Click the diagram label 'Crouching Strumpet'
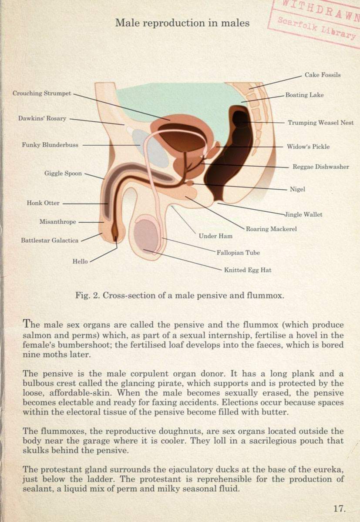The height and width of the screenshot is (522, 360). (x=42, y=94)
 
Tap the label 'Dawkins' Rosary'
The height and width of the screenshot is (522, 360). (x=42, y=118)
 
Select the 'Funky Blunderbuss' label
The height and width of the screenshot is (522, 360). (x=50, y=145)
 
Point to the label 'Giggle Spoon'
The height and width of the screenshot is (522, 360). (x=63, y=174)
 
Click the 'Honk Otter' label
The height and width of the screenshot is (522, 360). (x=43, y=203)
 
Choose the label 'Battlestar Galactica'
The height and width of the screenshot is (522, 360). (x=50, y=240)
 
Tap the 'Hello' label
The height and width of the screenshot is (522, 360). (x=80, y=261)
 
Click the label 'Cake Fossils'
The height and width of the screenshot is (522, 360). (x=323, y=75)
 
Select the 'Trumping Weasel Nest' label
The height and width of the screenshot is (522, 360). (x=321, y=123)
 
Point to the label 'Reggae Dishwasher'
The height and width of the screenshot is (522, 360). (x=321, y=167)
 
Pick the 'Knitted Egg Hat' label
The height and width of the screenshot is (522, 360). (x=248, y=270)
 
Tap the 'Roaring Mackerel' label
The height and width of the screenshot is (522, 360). (x=271, y=229)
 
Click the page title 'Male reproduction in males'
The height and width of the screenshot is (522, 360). (x=182, y=23)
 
